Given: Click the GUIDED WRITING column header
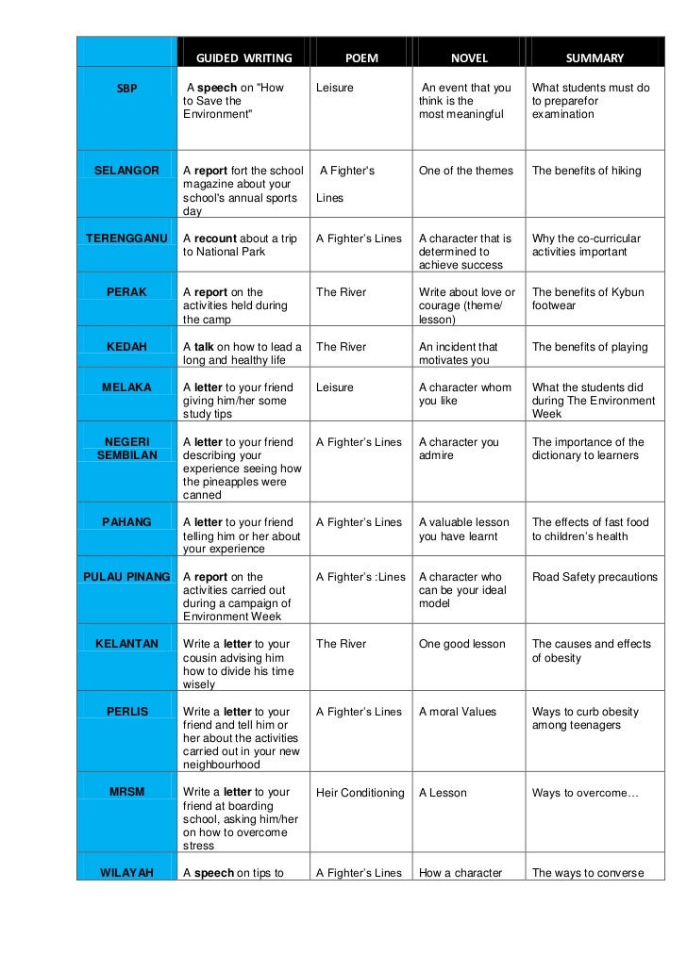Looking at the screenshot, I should (x=243, y=58).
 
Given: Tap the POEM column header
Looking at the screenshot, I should (x=361, y=58).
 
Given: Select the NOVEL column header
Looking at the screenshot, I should (x=469, y=58).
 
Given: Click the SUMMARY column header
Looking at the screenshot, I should (x=595, y=58).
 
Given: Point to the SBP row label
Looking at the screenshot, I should (x=126, y=89).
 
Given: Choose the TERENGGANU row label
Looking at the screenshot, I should (x=126, y=239).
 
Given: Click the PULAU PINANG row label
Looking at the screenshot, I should (x=126, y=577).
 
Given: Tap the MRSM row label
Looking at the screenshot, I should (x=126, y=793).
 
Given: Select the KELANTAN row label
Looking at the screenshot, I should (x=126, y=645).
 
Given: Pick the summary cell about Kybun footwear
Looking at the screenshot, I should (x=587, y=299).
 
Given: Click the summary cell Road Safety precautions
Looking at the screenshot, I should (x=595, y=577).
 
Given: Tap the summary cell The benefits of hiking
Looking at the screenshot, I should (x=586, y=171).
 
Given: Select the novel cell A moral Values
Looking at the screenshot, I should (x=457, y=713).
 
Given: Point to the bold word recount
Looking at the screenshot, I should (x=216, y=239).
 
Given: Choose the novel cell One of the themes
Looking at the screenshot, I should (x=466, y=171).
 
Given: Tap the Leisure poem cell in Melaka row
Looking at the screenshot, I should (x=335, y=387).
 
